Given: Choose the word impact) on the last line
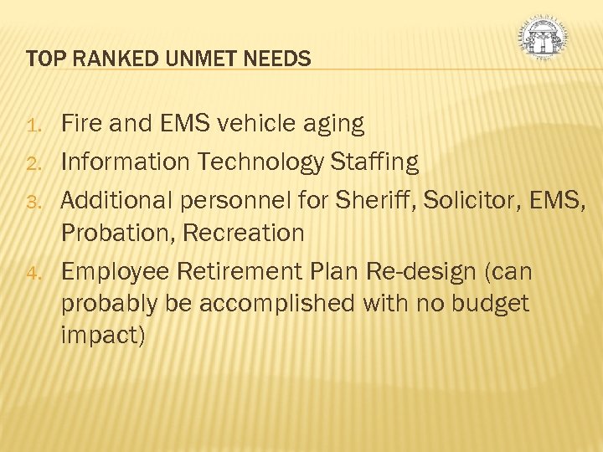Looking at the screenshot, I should point(103,336).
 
